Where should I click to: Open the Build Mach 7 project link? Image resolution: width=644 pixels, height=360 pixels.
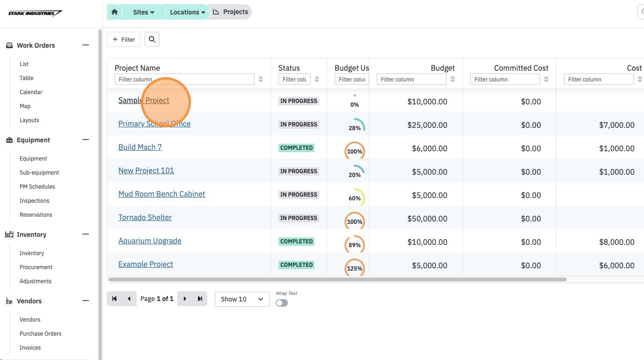click(x=140, y=147)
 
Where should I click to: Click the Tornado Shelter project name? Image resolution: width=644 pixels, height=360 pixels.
click(x=145, y=217)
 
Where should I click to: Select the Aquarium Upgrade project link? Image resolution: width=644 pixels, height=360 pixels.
click(x=150, y=241)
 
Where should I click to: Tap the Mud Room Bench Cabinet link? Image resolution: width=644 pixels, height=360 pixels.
click(x=161, y=194)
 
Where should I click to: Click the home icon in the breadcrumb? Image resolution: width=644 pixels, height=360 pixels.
click(x=114, y=12)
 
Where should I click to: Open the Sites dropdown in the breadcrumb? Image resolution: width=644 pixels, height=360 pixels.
click(x=144, y=12)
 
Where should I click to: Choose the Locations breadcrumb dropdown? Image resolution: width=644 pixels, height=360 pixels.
click(x=188, y=12)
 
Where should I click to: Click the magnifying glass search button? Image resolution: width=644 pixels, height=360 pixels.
click(x=152, y=39)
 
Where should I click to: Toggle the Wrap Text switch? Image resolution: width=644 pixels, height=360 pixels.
click(x=282, y=303)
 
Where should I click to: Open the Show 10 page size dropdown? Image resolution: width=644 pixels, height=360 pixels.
click(x=242, y=299)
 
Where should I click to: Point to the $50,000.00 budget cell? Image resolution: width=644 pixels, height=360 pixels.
click(x=427, y=219)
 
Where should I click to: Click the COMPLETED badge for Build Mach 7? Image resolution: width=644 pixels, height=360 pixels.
click(x=296, y=148)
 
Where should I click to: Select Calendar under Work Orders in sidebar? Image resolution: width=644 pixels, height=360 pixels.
click(x=31, y=92)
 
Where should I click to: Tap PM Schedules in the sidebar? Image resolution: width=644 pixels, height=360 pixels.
click(x=37, y=187)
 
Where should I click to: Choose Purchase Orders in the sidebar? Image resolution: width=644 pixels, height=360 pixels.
click(x=41, y=333)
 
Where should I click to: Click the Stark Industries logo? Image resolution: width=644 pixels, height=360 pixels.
click(x=35, y=13)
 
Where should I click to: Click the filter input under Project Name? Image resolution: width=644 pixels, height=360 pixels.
click(x=184, y=79)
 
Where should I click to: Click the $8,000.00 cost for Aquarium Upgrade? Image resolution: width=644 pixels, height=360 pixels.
click(x=617, y=242)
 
